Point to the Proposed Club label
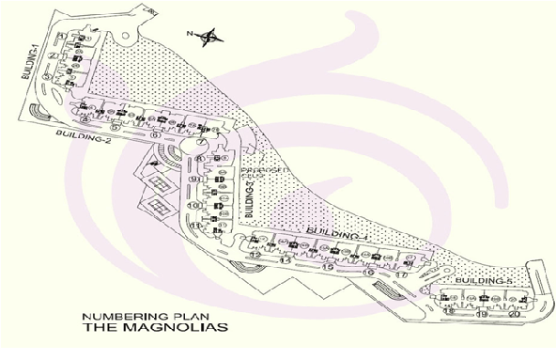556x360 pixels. pyautogui.click(x=261, y=174)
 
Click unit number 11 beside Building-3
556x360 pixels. pyautogui.click(x=195, y=227)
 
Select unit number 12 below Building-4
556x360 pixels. pyautogui.click(x=255, y=254)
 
